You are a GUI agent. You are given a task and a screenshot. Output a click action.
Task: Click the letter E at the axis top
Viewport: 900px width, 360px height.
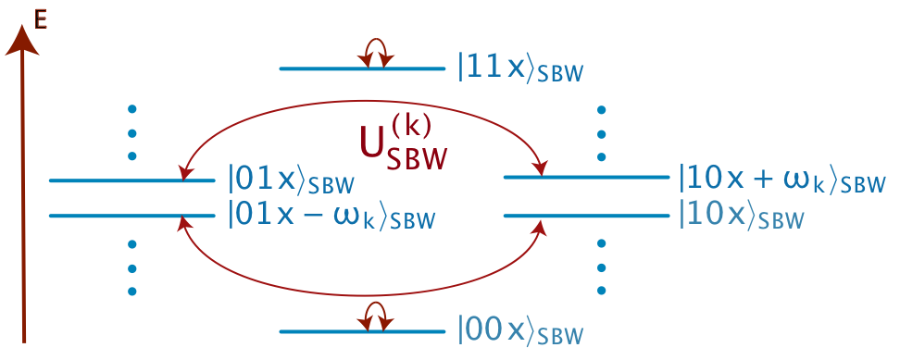pyautogui.click(x=41, y=18)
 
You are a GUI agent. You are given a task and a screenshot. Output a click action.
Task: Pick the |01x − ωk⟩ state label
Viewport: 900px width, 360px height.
pyautogui.click(x=331, y=217)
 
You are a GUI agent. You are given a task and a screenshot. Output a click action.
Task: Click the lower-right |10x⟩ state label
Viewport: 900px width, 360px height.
pyautogui.click(x=740, y=217)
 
